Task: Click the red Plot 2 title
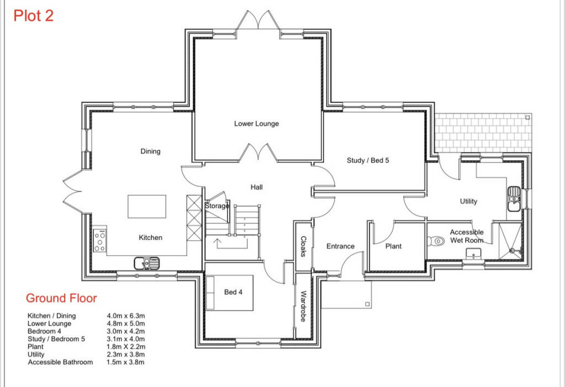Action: tap(34, 16)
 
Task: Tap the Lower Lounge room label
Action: tap(257, 123)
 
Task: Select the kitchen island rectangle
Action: tap(147, 207)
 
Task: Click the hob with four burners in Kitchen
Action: tap(100, 240)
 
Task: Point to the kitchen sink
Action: tap(147, 263)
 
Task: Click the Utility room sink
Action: tap(514, 199)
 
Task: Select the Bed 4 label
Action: tap(233, 292)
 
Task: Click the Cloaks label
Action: tap(303, 246)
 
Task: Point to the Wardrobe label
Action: tap(303, 306)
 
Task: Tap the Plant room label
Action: tap(393, 246)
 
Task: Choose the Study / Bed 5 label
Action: tap(368, 160)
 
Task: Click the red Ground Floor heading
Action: tap(61, 298)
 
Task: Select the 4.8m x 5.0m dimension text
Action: tap(126, 323)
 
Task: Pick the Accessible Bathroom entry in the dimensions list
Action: tap(60, 362)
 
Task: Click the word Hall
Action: tap(257, 187)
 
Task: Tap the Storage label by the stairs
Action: tap(217, 206)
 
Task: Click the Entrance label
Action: tap(340, 246)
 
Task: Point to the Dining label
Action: tap(151, 151)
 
